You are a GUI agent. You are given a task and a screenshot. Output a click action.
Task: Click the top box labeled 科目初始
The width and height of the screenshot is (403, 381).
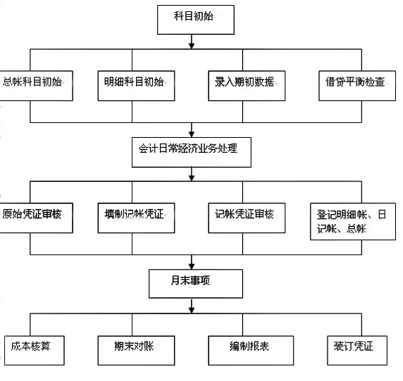point(196,20)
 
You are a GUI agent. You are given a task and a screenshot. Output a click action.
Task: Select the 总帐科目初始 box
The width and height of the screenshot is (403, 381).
point(36,86)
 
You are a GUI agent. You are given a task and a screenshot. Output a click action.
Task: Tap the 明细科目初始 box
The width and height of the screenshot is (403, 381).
point(136,86)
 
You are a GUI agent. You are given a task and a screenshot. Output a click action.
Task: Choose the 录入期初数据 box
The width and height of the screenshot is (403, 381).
point(246,86)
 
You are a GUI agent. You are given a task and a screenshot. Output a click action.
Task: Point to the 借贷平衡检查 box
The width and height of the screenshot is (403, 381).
point(357,86)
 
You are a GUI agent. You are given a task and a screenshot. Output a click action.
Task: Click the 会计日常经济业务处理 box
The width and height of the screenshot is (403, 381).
point(192,152)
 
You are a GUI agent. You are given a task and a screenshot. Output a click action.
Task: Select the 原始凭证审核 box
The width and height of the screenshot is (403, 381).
point(36,218)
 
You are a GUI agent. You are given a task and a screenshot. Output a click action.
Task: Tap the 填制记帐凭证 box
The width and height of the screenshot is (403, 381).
point(136,218)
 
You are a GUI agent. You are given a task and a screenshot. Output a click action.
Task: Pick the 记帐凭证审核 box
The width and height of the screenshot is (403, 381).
point(246,218)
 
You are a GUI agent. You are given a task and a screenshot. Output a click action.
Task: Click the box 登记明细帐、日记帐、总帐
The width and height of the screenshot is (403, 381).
point(353,221)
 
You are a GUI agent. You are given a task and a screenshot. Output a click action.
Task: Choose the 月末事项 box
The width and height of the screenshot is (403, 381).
point(196,284)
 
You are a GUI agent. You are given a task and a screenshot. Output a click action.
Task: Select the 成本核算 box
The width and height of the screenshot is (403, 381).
point(34,350)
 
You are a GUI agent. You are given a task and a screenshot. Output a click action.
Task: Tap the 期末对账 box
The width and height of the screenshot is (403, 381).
point(136,350)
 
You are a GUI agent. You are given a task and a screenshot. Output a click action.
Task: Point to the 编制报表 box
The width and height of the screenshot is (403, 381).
point(251,350)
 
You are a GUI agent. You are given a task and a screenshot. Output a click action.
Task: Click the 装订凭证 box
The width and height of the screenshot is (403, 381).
point(357,350)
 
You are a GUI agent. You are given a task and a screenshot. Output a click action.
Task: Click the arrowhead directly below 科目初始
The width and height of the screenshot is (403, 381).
point(192,45)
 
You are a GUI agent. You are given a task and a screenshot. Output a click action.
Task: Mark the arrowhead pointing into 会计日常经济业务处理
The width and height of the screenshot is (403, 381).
point(192,134)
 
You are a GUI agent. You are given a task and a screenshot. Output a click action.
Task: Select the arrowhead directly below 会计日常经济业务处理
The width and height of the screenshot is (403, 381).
point(192,178)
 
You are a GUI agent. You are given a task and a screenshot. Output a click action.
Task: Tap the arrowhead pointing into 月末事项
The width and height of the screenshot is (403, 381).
point(192,266)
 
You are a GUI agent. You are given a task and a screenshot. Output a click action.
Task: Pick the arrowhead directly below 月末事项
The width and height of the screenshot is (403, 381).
point(192,310)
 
